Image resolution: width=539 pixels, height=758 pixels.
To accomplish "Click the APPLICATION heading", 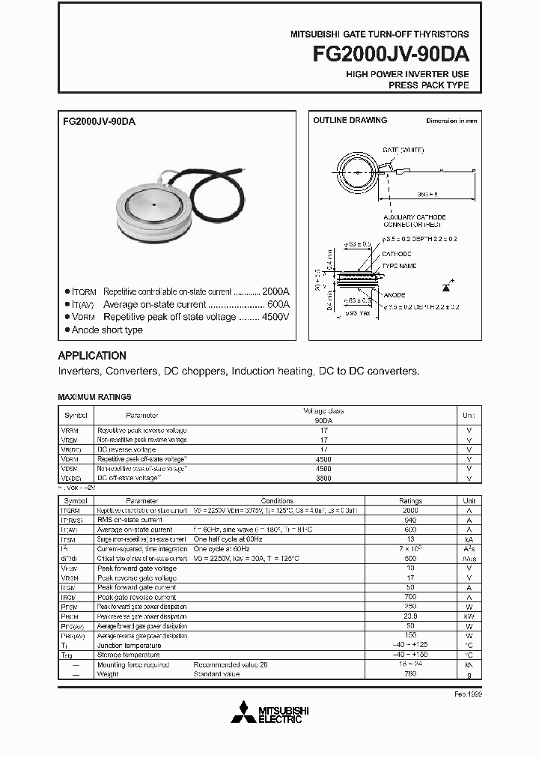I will pos(92,356).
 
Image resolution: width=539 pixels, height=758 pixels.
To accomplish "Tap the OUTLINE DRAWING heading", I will pos(350,120).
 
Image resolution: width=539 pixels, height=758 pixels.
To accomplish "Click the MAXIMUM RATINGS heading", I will pos(94,397).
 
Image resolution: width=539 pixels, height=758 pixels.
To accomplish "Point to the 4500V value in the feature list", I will pos(275,317).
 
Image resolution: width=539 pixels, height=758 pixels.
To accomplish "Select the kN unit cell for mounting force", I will pos(469,664).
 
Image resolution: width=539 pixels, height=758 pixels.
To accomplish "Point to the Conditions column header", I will pos(277,500).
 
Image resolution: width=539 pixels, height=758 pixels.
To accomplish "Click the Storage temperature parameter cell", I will pos(129,655).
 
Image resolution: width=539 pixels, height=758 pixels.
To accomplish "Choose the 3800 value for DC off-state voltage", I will pos(323,478).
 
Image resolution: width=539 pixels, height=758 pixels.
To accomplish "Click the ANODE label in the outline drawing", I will pos(395,294).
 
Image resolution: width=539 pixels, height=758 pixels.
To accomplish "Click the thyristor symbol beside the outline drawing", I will pos(448,286).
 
